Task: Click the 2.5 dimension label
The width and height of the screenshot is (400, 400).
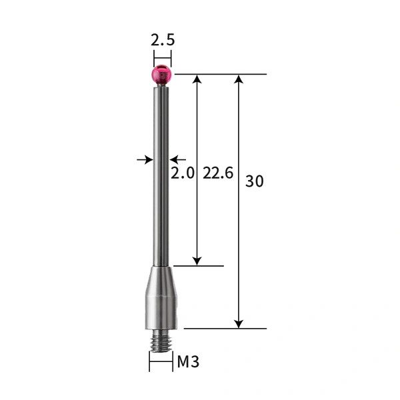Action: coord(162,40)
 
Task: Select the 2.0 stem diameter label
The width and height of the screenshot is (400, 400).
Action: coord(183,174)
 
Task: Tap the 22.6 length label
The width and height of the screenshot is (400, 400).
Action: coord(218,174)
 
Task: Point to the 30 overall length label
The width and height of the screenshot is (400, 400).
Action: coord(255,181)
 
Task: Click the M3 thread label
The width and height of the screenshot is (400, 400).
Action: coord(187,363)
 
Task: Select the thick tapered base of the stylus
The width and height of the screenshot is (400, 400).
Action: coord(161,297)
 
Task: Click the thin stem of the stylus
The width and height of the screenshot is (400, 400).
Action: coord(161,173)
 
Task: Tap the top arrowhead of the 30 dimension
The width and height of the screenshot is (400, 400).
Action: coord(239,80)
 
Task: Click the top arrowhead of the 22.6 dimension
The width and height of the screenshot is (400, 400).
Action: coord(197,80)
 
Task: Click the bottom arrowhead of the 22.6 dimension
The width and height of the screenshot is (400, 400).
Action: coord(197,260)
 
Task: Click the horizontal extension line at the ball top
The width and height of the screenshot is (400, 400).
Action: coord(220,75)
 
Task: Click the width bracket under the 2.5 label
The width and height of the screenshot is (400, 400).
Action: coord(162,56)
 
